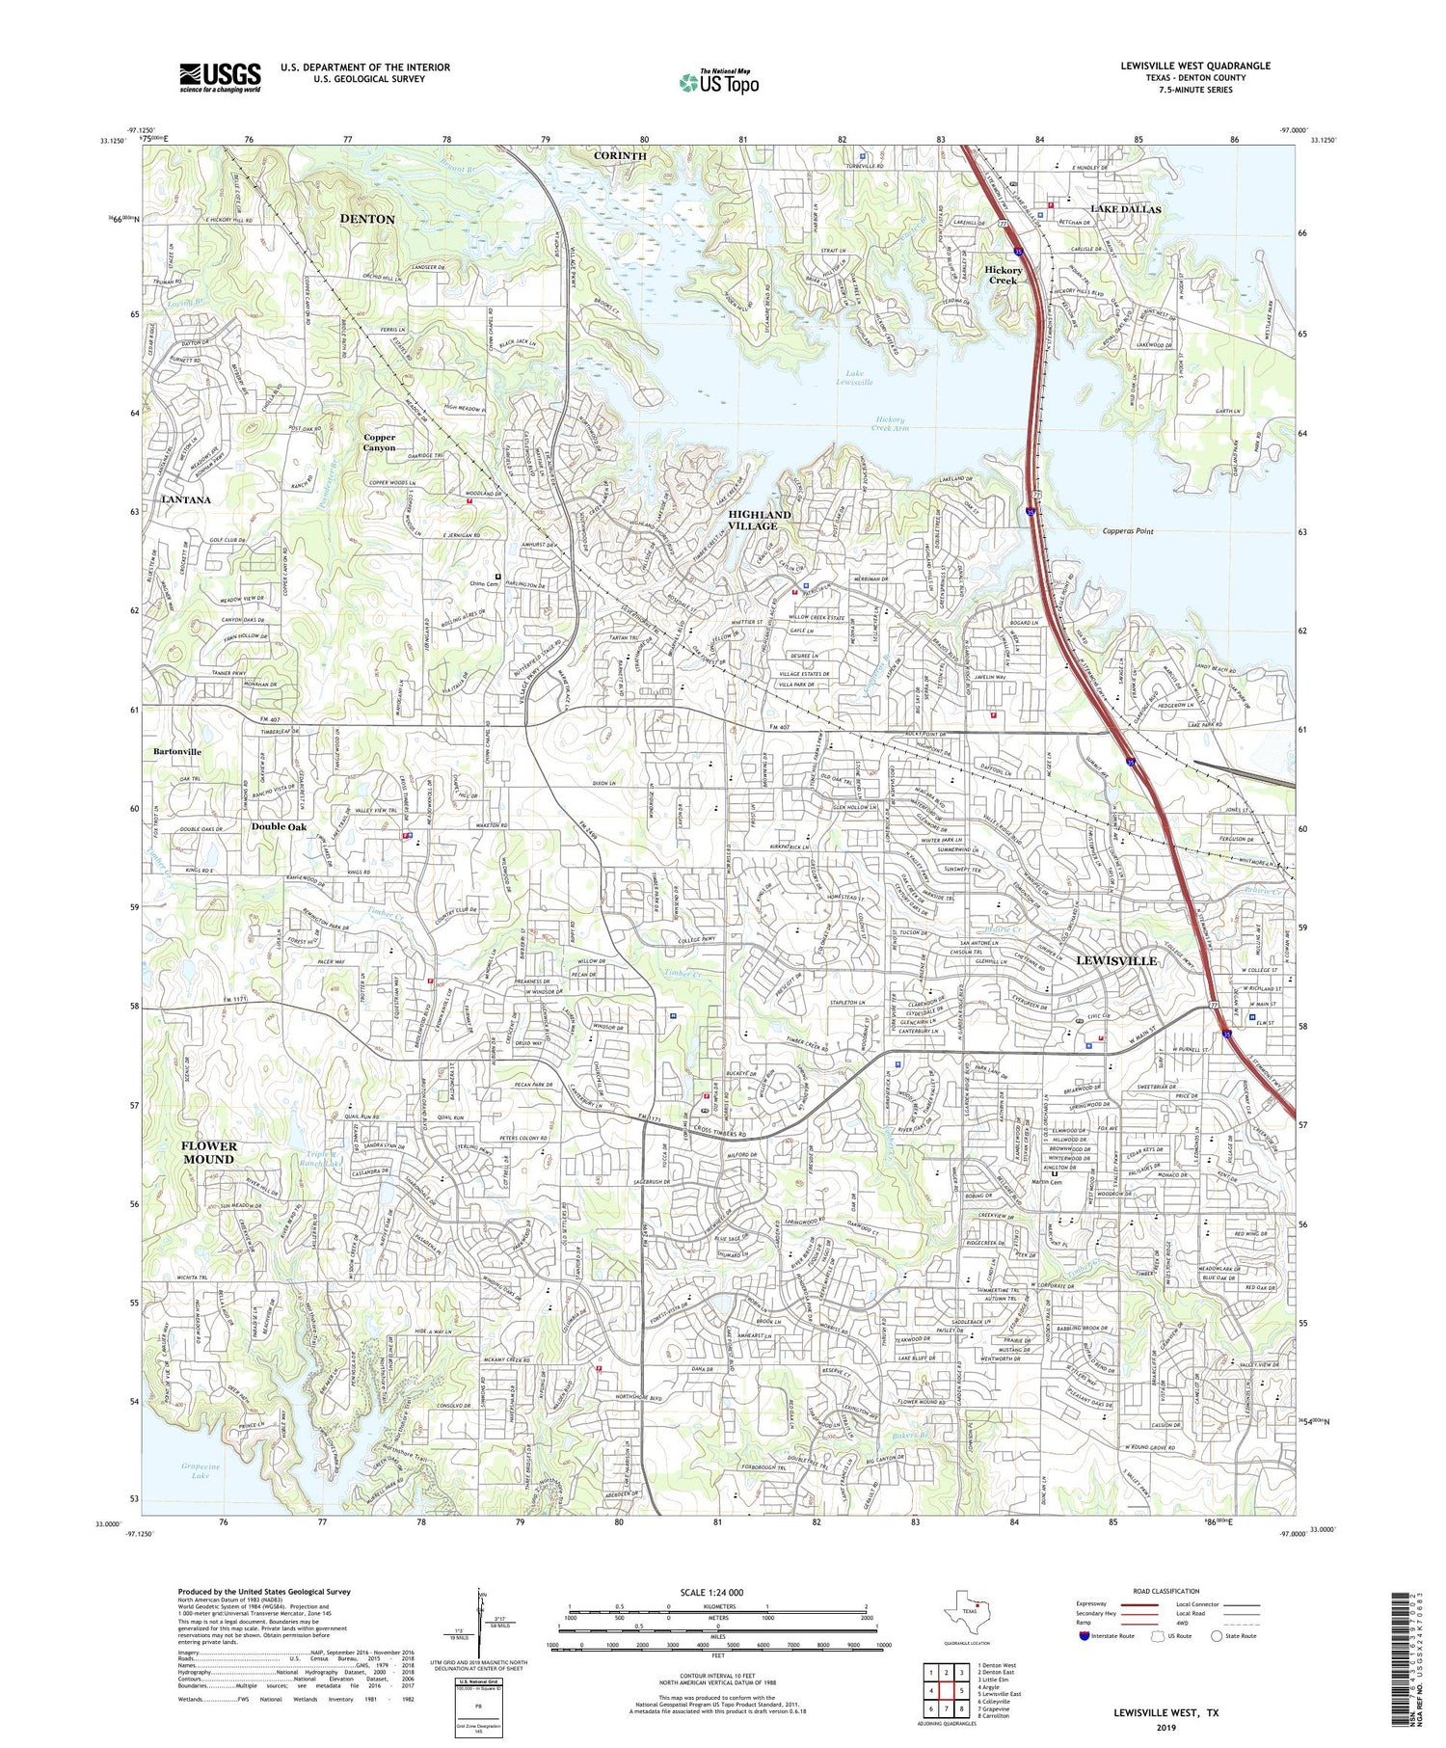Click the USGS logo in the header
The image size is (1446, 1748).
tap(220, 77)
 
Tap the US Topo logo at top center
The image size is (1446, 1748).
tap(718, 83)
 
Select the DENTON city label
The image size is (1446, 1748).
tap(367, 219)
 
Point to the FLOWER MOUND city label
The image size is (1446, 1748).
tap(208, 1152)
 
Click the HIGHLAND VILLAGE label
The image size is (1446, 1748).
tap(759, 521)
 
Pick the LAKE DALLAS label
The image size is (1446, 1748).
tap(1125, 209)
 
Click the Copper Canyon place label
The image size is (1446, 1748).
tap(379, 443)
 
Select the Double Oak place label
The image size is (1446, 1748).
tap(280, 826)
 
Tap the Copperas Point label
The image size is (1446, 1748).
tap(1127, 531)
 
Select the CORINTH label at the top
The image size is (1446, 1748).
tap(620, 155)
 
